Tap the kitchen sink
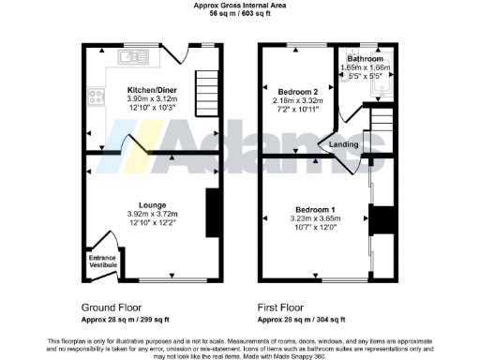tap(128, 59)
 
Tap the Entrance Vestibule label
tap(102, 262)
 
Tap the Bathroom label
tap(368, 59)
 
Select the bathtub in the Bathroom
tap(381, 82)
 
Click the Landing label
tap(342, 144)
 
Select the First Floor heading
tap(281, 307)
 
